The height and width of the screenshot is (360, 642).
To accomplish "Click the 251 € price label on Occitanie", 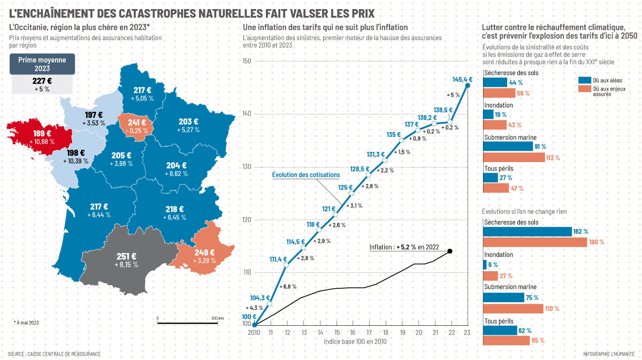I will click(x=127, y=256).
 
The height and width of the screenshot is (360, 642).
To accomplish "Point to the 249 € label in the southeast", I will click(x=204, y=252).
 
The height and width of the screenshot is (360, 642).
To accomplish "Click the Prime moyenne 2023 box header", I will click(x=42, y=64).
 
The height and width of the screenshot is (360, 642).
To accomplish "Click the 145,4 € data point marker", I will click(x=468, y=85).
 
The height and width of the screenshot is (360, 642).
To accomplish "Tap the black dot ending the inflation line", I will click(x=450, y=251).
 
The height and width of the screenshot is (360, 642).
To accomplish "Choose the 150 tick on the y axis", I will click(x=246, y=62).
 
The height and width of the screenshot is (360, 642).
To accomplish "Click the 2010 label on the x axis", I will click(x=254, y=333).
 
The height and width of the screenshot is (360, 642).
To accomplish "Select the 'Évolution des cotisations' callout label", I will click(x=305, y=175).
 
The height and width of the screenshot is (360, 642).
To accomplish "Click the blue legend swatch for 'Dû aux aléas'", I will click(x=584, y=80).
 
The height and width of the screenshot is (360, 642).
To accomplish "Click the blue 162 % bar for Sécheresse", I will click(x=527, y=232).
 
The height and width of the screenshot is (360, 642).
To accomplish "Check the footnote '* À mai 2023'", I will click(x=26, y=322).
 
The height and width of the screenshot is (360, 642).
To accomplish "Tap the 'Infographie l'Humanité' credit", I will click(x=609, y=354).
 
